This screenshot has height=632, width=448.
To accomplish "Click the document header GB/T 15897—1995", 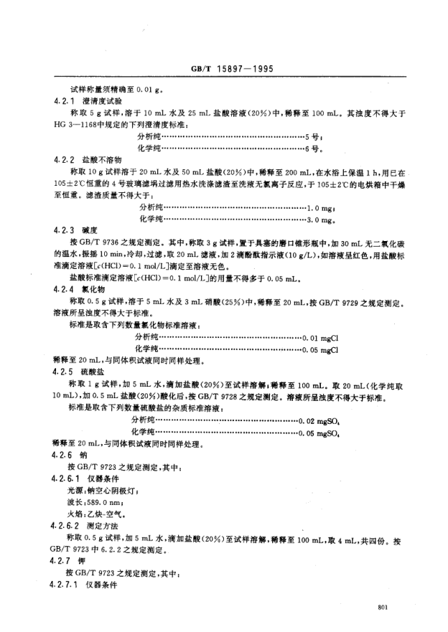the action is point(223,70).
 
